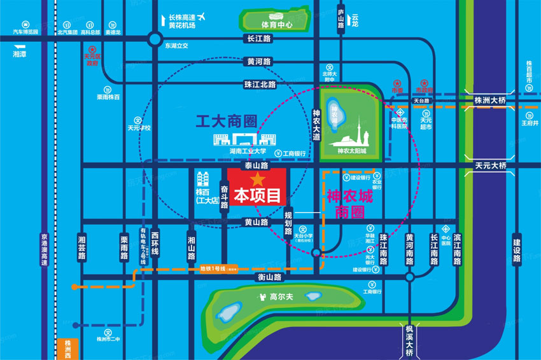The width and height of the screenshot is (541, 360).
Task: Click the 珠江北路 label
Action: (x=260, y=84)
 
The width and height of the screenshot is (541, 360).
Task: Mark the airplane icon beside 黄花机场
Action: (x=202, y=16)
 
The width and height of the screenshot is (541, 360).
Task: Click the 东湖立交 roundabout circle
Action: (x=154, y=39)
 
